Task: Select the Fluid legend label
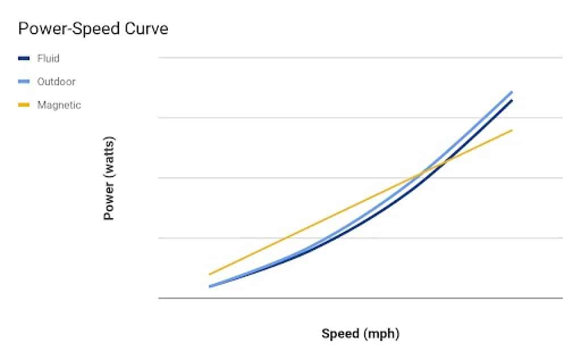tap(48, 58)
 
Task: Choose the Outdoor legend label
tap(56, 82)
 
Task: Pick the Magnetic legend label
tap(59, 105)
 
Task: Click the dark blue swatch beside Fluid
tap(24, 58)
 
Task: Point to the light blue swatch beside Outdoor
tap(24, 82)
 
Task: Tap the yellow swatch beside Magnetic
tap(24, 105)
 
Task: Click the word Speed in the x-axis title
tap(340, 333)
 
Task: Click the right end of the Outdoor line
tap(512, 91)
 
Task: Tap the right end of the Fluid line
tap(512, 101)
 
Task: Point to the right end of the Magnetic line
tap(512, 130)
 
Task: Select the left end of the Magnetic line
tap(210, 274)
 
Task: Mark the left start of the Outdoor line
tap(210, 286)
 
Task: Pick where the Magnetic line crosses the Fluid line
tap(445, 162)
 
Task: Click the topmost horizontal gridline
tap(360, 57)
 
